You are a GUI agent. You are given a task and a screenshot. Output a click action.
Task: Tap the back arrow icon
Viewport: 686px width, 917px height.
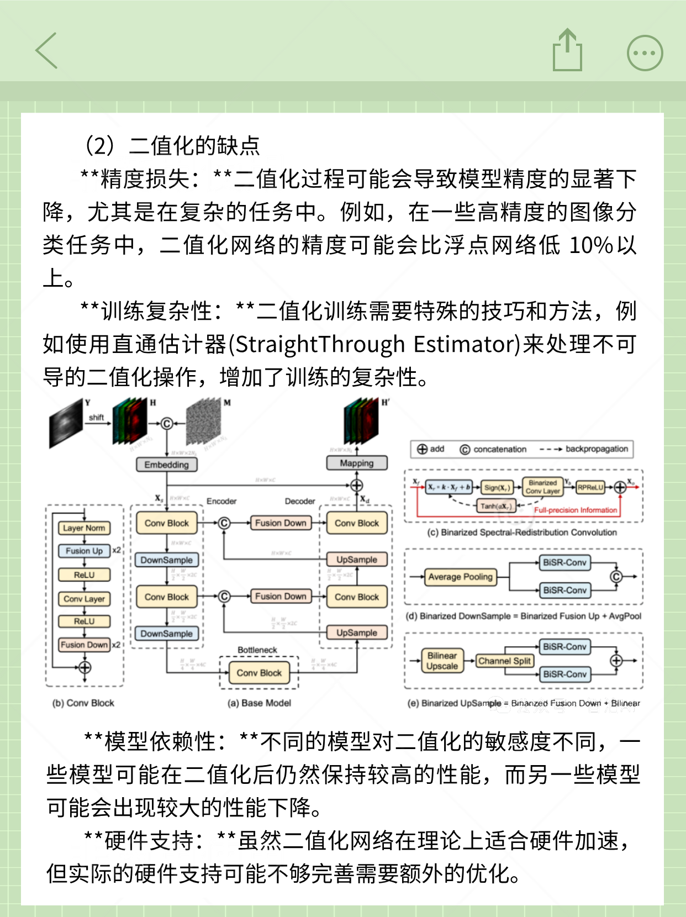tap(47, 50)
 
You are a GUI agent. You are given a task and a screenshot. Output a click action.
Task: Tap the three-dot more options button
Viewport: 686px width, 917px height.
tap(645, 53)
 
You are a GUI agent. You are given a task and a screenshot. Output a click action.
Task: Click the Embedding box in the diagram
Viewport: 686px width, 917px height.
tap(166, 465)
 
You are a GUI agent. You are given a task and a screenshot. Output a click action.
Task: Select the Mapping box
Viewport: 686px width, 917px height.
tap(356, 463)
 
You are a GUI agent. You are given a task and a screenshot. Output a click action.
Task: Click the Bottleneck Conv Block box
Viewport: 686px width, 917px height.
tap(259, 672)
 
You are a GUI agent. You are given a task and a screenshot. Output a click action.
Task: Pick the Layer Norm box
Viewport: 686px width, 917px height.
tap(84, 528)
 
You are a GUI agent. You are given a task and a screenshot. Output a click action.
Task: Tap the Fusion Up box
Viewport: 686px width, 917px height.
tap(84, 551)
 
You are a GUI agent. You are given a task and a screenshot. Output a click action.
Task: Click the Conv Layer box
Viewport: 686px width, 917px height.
tap(84, 599)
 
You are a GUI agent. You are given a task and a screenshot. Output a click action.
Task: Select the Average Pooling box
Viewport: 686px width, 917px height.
tap(460, 577)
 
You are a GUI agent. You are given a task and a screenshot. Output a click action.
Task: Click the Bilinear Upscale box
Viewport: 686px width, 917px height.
tap(442, 661)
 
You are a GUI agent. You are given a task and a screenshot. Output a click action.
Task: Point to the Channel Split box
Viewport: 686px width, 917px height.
tap(504, 661)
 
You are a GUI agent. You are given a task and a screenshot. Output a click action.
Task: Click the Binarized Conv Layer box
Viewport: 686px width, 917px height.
tap(542, 487)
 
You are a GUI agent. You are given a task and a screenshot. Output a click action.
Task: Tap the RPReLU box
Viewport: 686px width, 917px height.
tap(590, 487)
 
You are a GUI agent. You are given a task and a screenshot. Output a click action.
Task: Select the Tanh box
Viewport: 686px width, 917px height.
tap(496, 505)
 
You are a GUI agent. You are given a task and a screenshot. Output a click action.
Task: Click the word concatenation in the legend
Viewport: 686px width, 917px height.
tap(500, 449)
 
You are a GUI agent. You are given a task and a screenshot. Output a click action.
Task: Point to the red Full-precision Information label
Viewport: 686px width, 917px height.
tap(575, 510)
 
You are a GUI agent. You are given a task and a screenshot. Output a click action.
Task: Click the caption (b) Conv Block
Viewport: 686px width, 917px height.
tap(83, 703)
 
